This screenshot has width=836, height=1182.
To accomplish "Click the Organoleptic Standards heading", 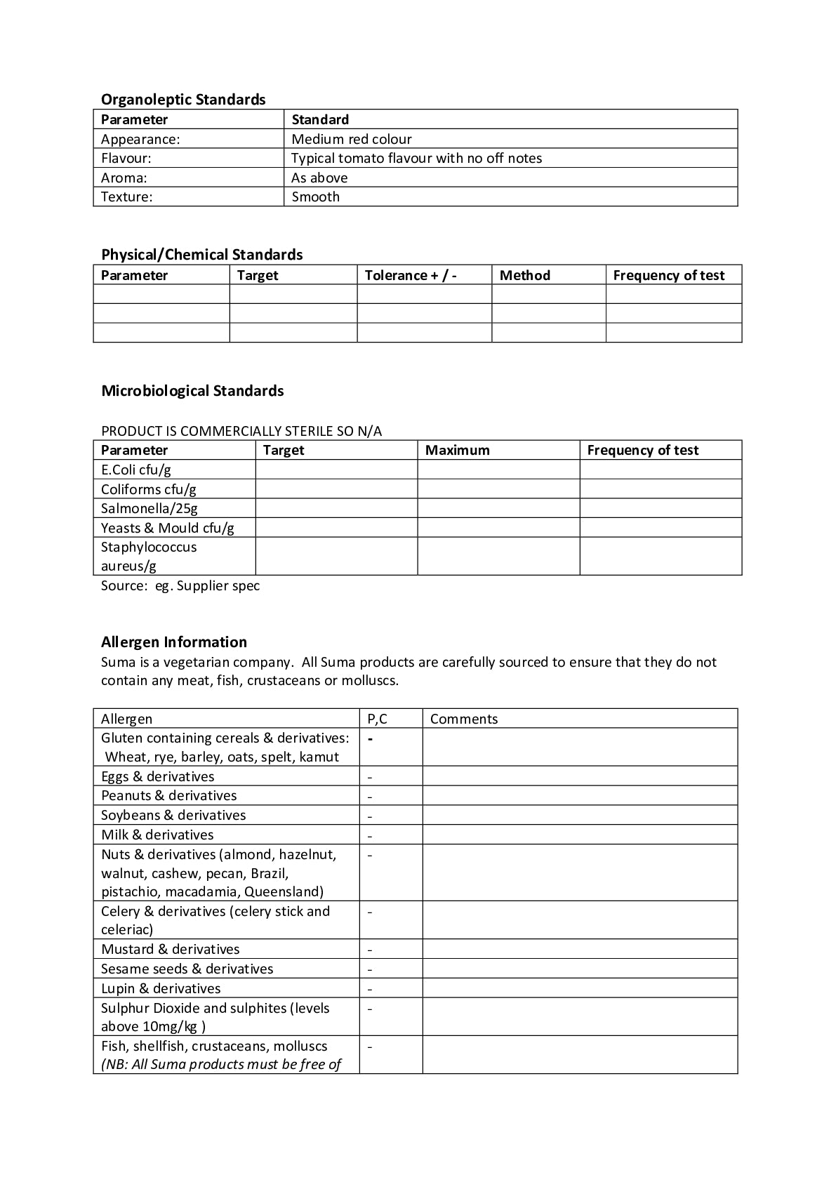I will (183, 100).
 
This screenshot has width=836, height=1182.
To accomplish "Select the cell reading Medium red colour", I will (352, 139).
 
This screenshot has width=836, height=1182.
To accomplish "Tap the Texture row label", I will (126, 197).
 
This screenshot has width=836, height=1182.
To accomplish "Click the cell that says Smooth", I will (315, 197).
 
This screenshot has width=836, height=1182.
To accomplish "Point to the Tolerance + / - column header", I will (411, 275).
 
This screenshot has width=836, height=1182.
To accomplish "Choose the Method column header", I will (524, 275).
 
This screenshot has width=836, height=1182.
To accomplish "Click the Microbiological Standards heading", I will (192, 391).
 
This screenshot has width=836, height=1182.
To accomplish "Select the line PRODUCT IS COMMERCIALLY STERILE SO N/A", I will (241, 431).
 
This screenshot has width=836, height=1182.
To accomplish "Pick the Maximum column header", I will (457, 450).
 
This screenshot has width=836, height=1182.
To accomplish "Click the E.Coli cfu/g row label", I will (136, 470).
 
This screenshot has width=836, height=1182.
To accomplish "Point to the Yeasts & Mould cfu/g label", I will (168, 528).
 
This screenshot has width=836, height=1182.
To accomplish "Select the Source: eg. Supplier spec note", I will (180, 585).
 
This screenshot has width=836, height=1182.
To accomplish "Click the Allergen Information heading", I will (174, 642).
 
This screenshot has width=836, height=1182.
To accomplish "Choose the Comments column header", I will (463, 719).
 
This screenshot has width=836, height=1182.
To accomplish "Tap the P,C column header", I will (377, 719).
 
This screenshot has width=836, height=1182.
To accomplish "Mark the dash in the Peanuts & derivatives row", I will (370, 797).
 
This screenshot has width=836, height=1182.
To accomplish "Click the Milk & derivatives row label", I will (157, 835).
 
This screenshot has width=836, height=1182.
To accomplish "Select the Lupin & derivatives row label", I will (161, 988).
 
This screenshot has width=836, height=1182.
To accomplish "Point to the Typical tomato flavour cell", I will (416, 158).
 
